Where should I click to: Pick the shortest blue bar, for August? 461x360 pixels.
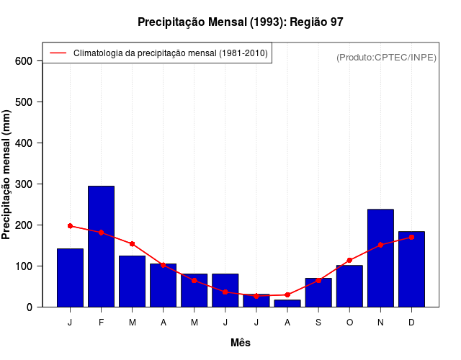pos(287,303)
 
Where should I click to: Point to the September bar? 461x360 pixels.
pos(318,292)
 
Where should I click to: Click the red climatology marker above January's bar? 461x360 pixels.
pos(70,226)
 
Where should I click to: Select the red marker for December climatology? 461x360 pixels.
pos(411,237)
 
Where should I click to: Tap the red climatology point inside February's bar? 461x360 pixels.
pos(101,233)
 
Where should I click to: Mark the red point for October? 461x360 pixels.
pos(349,260)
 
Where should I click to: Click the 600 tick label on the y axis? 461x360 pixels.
pos(24,61)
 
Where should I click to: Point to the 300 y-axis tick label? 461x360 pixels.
pos(24,184)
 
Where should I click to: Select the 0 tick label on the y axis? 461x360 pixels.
pos(30,307)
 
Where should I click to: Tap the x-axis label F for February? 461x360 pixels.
pos(101,323)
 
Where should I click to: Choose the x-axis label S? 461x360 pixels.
pos(318,323)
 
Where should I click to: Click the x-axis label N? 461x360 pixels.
pos(380,323)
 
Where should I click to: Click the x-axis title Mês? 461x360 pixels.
pos(241,343)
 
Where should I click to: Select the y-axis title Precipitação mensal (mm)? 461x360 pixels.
pos(7,174)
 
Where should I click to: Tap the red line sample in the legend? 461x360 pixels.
pos(58,53)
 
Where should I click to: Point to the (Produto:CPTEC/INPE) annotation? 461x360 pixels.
pos(386,57)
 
